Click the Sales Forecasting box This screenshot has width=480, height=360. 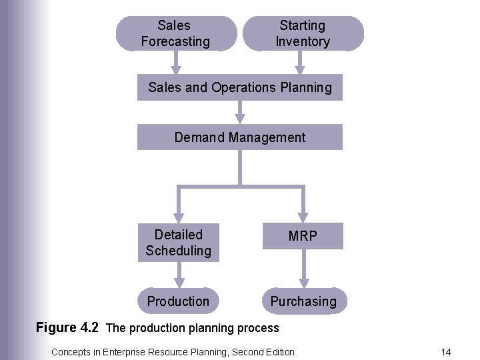(x=175, y=34)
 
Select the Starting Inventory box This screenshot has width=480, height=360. (x=303, y=34)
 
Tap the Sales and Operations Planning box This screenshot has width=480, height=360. (x=240, y=87)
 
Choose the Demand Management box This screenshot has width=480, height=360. (x=240, y=137)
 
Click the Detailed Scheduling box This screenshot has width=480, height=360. (x=178, y=243)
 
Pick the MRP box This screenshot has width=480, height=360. (x=303, y=236)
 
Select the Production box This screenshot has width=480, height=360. (x=178, y=301)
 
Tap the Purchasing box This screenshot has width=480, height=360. (x=303, y=301)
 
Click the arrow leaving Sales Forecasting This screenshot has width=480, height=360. (x=176, y=63)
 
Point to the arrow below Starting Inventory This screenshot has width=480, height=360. (x=300, y=63)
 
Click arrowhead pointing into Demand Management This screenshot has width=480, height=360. (x=240, y=118)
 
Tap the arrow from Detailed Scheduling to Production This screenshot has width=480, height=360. (x=178, y=275)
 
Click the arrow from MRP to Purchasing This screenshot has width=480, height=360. (x=303, y=273)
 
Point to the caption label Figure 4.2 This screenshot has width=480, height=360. (x=67, y=327)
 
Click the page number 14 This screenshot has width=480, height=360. (x=446, y=351)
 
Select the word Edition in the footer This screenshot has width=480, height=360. (x=279, y=351)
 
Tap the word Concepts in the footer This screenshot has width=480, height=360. (x=68, y=351)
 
